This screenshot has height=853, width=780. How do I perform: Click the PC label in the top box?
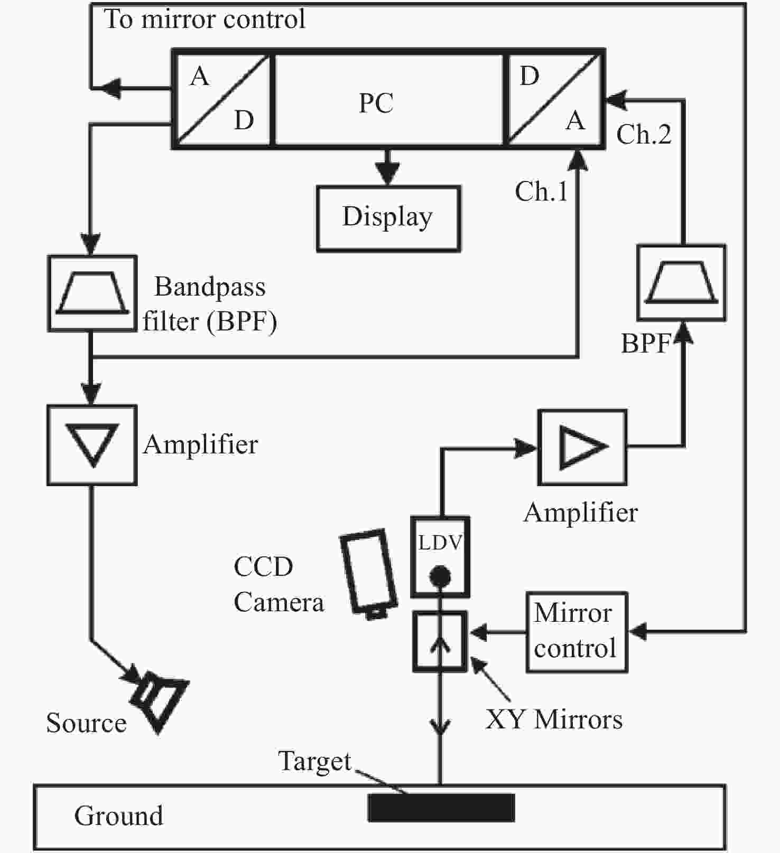tap(376, 103)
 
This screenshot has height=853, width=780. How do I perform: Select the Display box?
tap(388, 219)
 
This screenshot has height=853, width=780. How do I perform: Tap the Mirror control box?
tap(577, 632)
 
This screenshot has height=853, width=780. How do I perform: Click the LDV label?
tap(440, 542)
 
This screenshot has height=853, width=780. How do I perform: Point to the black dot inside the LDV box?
tap(440, 576)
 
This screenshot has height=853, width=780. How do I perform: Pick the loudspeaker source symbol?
tap(159, 700)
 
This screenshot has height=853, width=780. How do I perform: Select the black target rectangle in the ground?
tap(441, 808)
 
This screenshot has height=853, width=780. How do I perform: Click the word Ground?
tap(119, 816)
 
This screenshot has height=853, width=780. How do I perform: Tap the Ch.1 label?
tap(541, 191)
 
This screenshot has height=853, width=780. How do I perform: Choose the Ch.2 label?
tap(644, 134)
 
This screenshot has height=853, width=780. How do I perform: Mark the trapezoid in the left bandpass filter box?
tap(92, 293)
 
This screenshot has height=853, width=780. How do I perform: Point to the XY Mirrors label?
tap(554, 719)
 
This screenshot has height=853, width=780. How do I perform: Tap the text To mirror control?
tap(205, 20)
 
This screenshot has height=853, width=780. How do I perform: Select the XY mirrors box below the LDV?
tap(440, 641)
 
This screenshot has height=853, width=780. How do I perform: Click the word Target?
tap(314, 762)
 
